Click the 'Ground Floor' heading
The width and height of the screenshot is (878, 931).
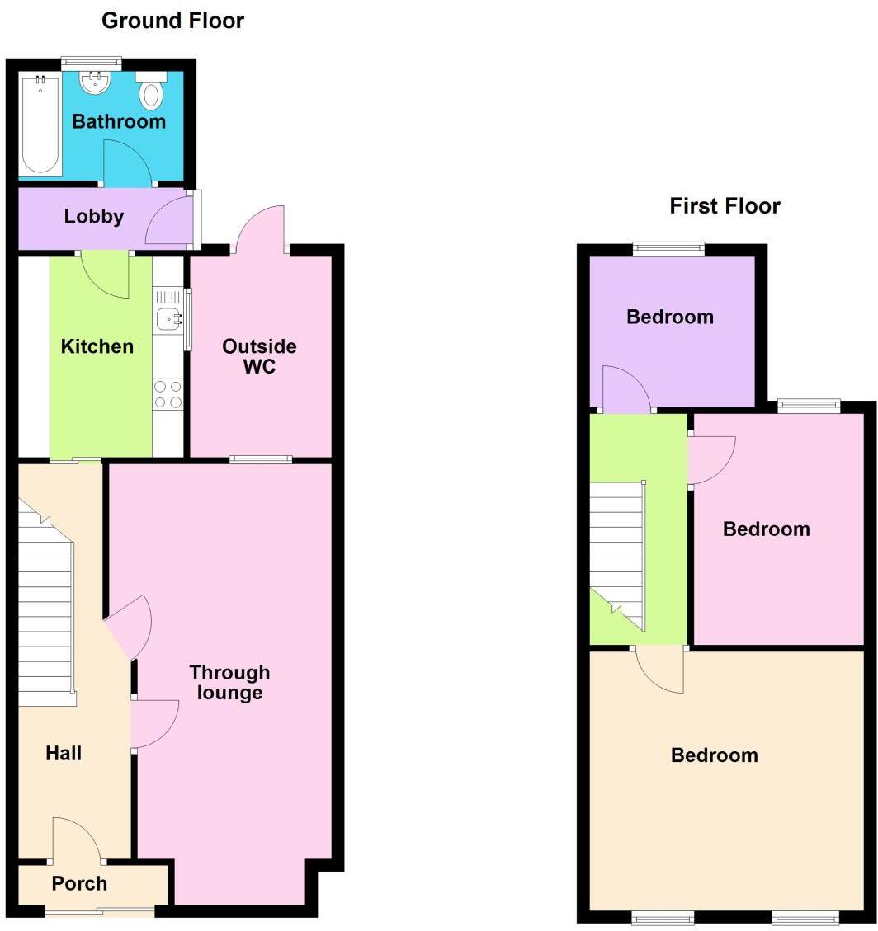click(x=172, y=21)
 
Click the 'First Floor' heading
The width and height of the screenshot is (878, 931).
click(x=725, y=205)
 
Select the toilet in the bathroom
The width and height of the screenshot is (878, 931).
click(x=151, y=92)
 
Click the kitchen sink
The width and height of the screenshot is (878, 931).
click(x=168, y=317)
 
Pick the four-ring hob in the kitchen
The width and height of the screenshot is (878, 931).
click(x=168, y=394)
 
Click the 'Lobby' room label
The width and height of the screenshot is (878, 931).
click(x=94, y=217)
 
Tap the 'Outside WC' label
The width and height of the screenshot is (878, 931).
click(x=259, y=356)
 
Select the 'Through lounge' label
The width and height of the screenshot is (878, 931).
click(x=229, y=683)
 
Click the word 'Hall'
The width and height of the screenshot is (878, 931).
click(x=64, y=753)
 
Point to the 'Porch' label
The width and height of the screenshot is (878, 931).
click(x=79, y=884)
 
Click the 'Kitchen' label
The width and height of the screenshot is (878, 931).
click(x=97, y=346)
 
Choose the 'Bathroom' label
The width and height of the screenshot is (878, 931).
click(x=119, y=122)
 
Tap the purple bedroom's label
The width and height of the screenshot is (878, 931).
click(x=670, y=317)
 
